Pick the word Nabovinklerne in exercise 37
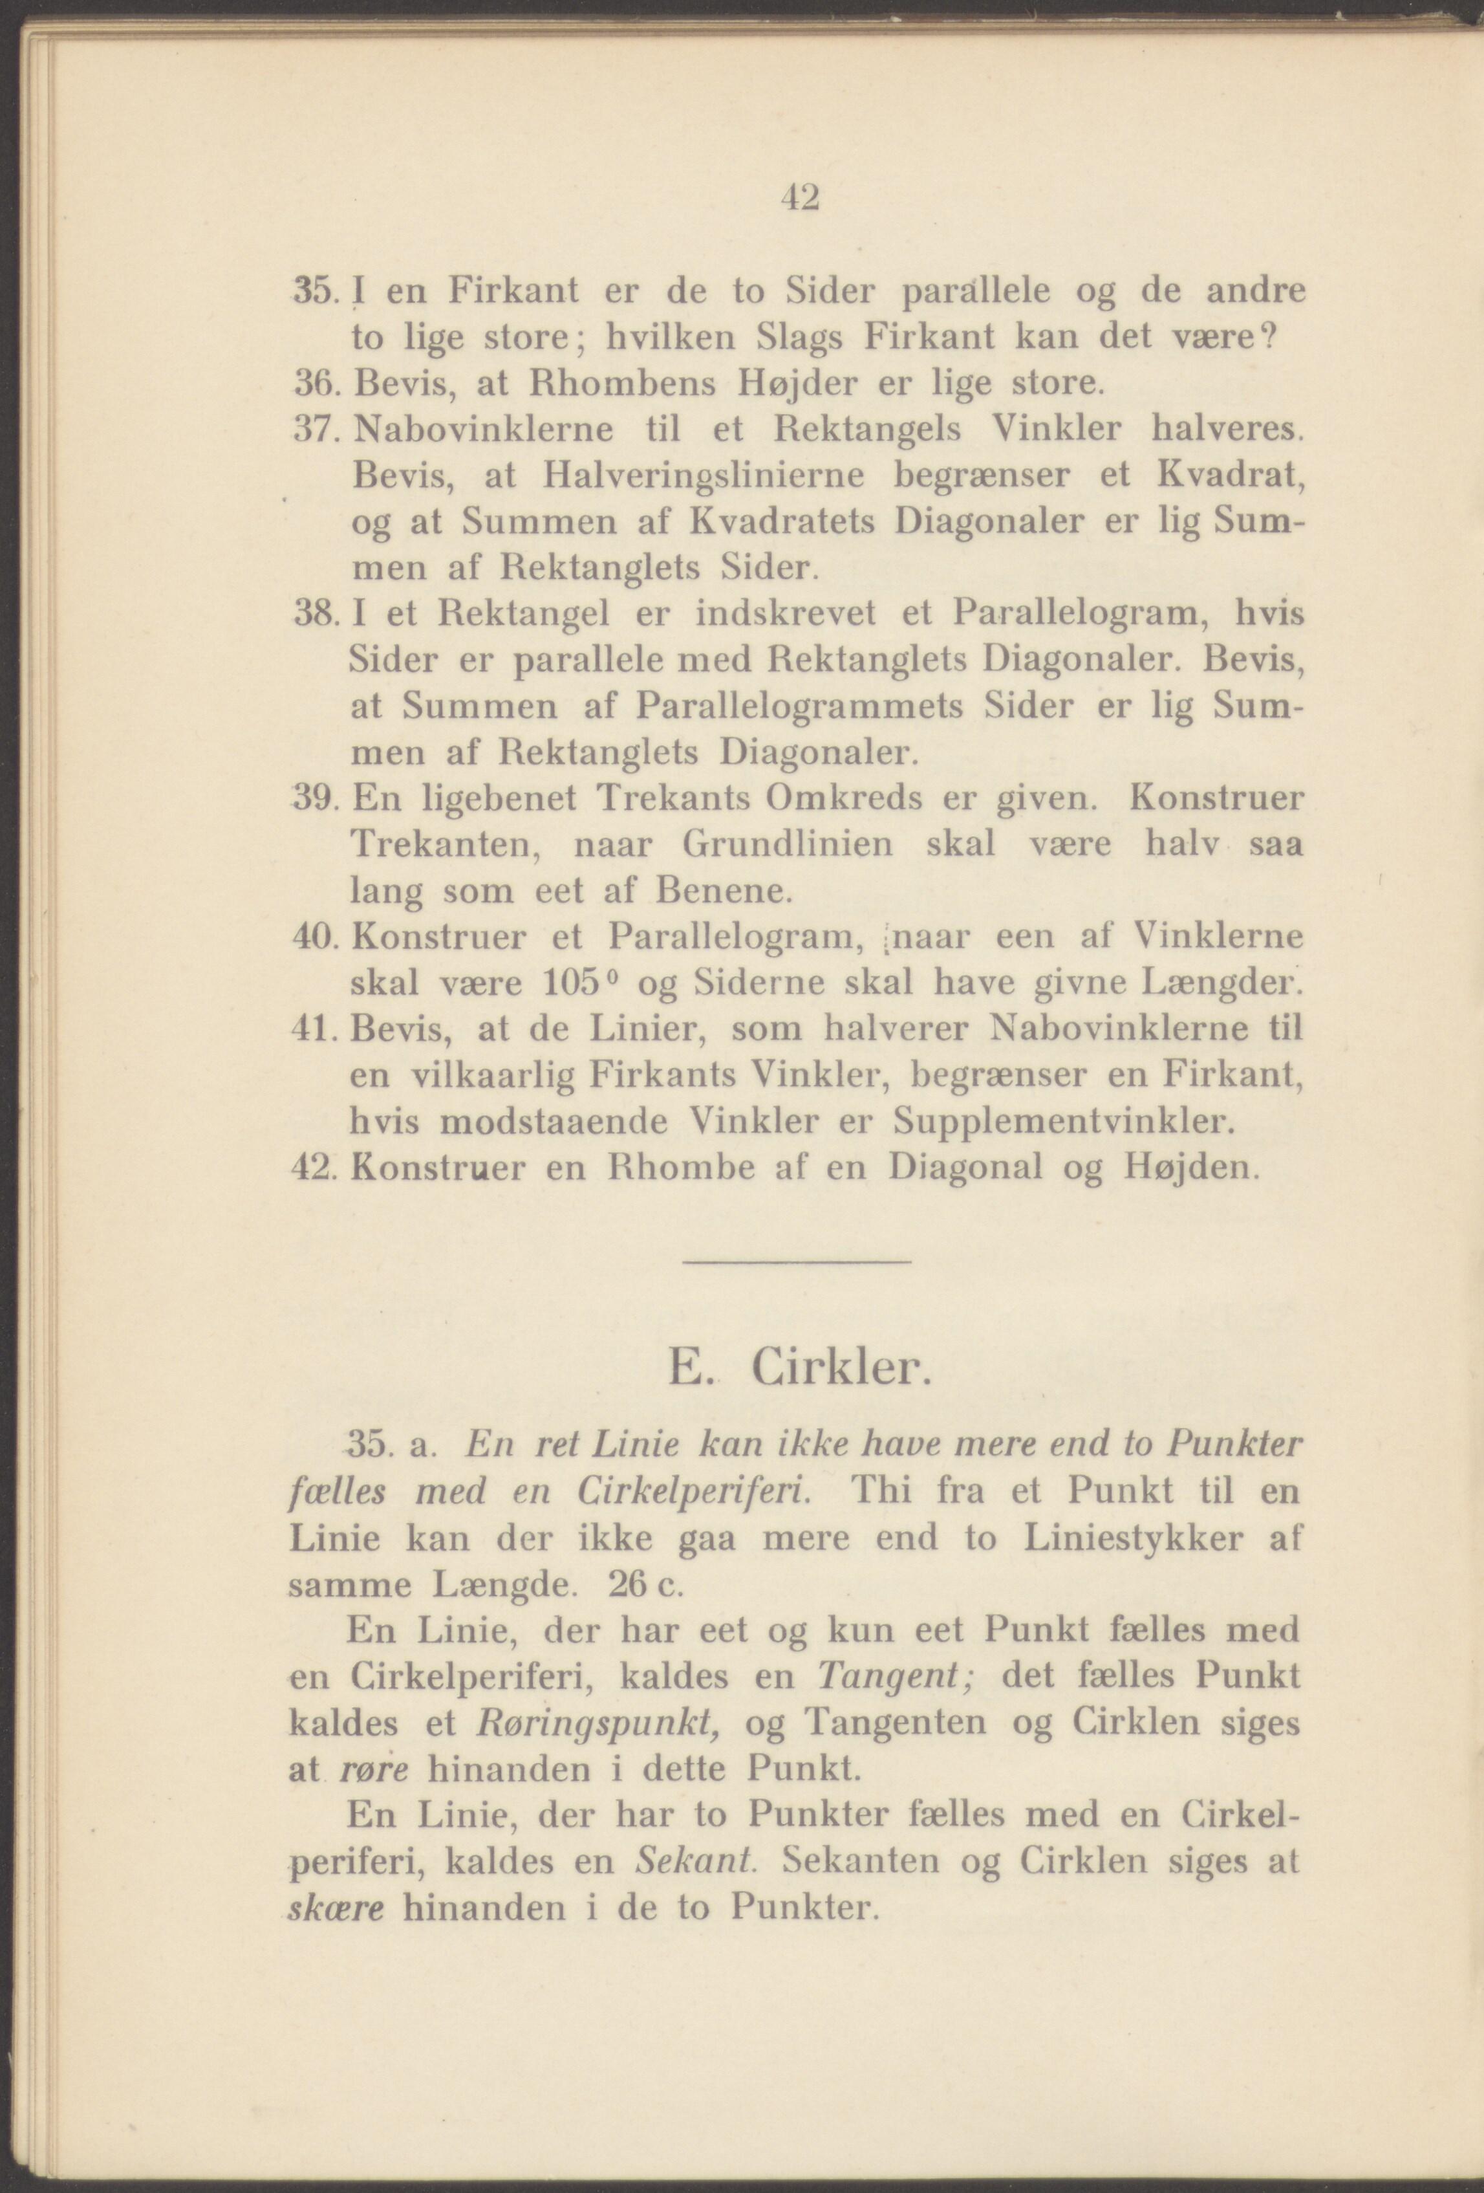[x=483, y=430]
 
